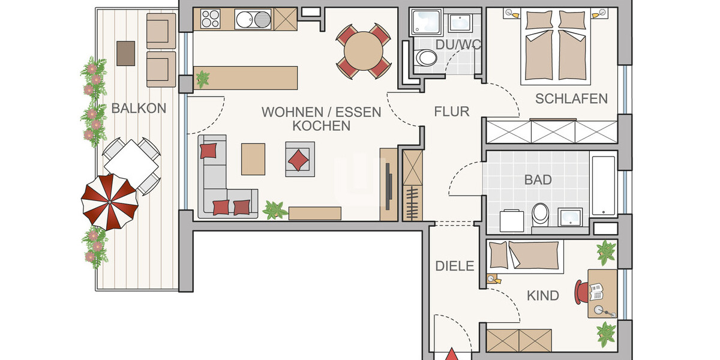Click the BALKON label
[139, 109]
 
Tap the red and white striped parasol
[110, 201]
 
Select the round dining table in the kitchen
[363, 51]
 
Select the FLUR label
[451, 111]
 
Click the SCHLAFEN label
[571, 98]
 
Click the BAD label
[538, 179]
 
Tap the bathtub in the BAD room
[603, 186]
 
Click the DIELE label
[454, 266]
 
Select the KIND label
[542, 295]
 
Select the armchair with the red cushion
[299, 158]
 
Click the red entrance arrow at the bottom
[451, 355]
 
